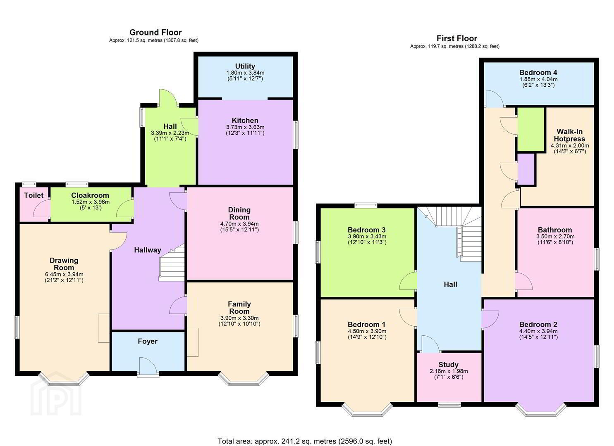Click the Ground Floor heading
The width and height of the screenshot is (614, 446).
pos(155,33)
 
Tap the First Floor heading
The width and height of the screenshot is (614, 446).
pos(456,38)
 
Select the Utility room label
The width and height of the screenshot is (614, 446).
pos(245,66)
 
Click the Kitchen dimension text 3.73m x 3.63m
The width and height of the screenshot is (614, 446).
pos(245,127)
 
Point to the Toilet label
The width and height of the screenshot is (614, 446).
pos(34,195)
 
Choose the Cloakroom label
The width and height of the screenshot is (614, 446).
pos(90,195)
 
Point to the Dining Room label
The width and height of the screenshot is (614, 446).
pos(239,214)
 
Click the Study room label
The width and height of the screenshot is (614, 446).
pos(449,365)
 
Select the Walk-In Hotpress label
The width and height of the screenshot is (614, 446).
pos(569,135)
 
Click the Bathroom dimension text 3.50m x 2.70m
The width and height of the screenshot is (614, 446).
pos(555,237)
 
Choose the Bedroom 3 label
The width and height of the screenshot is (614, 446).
pos(367,230)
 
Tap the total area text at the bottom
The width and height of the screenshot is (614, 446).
pos(305,434)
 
